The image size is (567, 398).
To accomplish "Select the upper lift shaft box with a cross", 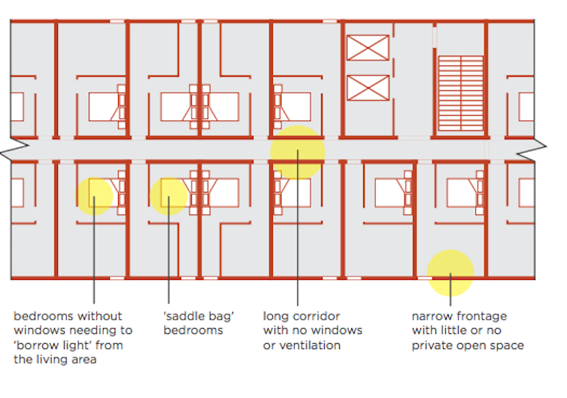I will coord(368,48).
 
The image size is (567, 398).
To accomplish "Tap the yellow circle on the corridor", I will coord(297,153).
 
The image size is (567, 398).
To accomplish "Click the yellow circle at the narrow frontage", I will coord(450,272).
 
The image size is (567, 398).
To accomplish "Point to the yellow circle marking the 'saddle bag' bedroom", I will coord(168,197).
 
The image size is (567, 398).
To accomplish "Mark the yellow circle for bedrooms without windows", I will coord(95,196).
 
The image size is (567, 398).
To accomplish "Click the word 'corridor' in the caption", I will coord(315,316).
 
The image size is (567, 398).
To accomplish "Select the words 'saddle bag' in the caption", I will coord(200,316).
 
